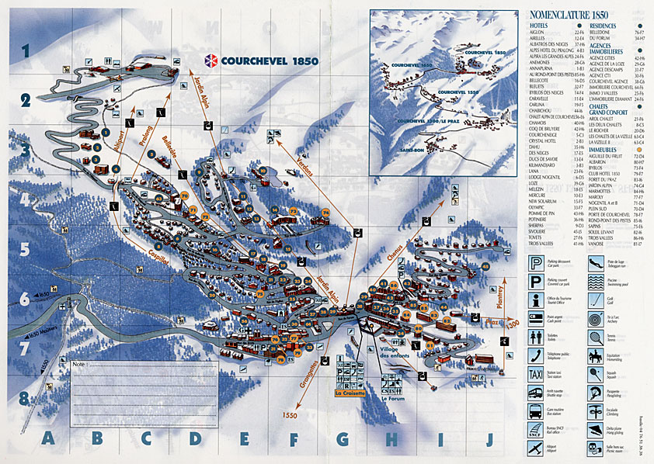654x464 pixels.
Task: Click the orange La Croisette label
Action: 350,393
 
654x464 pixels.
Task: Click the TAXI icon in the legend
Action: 534,373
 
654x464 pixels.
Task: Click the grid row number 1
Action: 26,52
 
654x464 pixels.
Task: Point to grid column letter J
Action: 489,439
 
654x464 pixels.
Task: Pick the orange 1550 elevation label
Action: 292,414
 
